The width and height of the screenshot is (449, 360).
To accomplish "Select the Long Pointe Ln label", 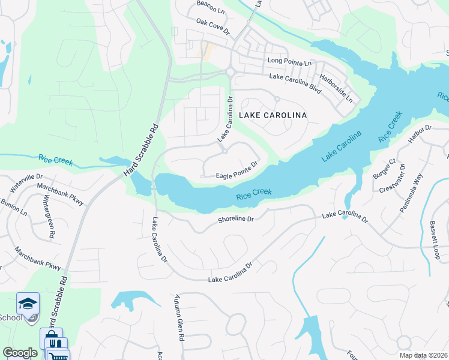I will coord(290,62).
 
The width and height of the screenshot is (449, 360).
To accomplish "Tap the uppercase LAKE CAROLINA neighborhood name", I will coord(273,115).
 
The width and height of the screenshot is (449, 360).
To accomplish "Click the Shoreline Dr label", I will coord(236,220).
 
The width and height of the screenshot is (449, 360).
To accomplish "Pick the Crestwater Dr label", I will coord(393,178).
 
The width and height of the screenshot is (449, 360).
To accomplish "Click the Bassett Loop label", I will coord(435,240).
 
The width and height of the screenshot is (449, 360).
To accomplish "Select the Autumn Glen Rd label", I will coord(178,318).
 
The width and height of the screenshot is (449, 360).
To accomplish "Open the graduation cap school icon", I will coord(28,303).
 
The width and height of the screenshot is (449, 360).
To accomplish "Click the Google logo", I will coord(20,353).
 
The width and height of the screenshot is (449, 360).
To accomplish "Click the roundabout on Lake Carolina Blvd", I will coord(230,73).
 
